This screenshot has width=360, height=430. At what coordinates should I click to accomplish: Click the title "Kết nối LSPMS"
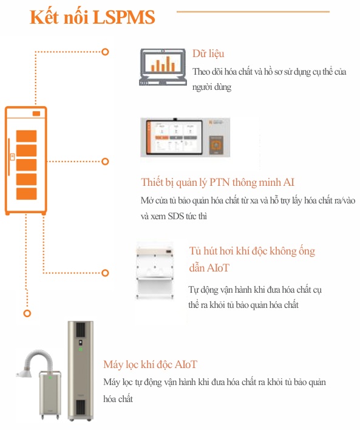(x=92, y=18)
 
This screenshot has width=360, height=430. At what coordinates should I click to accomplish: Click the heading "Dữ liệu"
(x=208, y=54)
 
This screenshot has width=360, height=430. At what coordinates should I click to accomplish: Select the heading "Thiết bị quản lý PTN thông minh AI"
(x=218, y=183)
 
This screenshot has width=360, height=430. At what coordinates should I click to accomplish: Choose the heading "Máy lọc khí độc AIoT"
(x=150, y=364)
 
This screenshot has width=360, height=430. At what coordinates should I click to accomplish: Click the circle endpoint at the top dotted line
(x=105, y=52)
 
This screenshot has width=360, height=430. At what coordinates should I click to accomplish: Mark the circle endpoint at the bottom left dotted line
(x=27, y=313)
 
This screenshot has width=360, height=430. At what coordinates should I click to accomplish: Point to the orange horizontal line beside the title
(x=253, y=12)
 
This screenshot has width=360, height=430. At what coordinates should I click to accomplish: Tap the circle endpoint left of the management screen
(x=105, y=162)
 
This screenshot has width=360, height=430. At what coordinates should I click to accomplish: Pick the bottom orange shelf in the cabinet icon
(x=26, y=194)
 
